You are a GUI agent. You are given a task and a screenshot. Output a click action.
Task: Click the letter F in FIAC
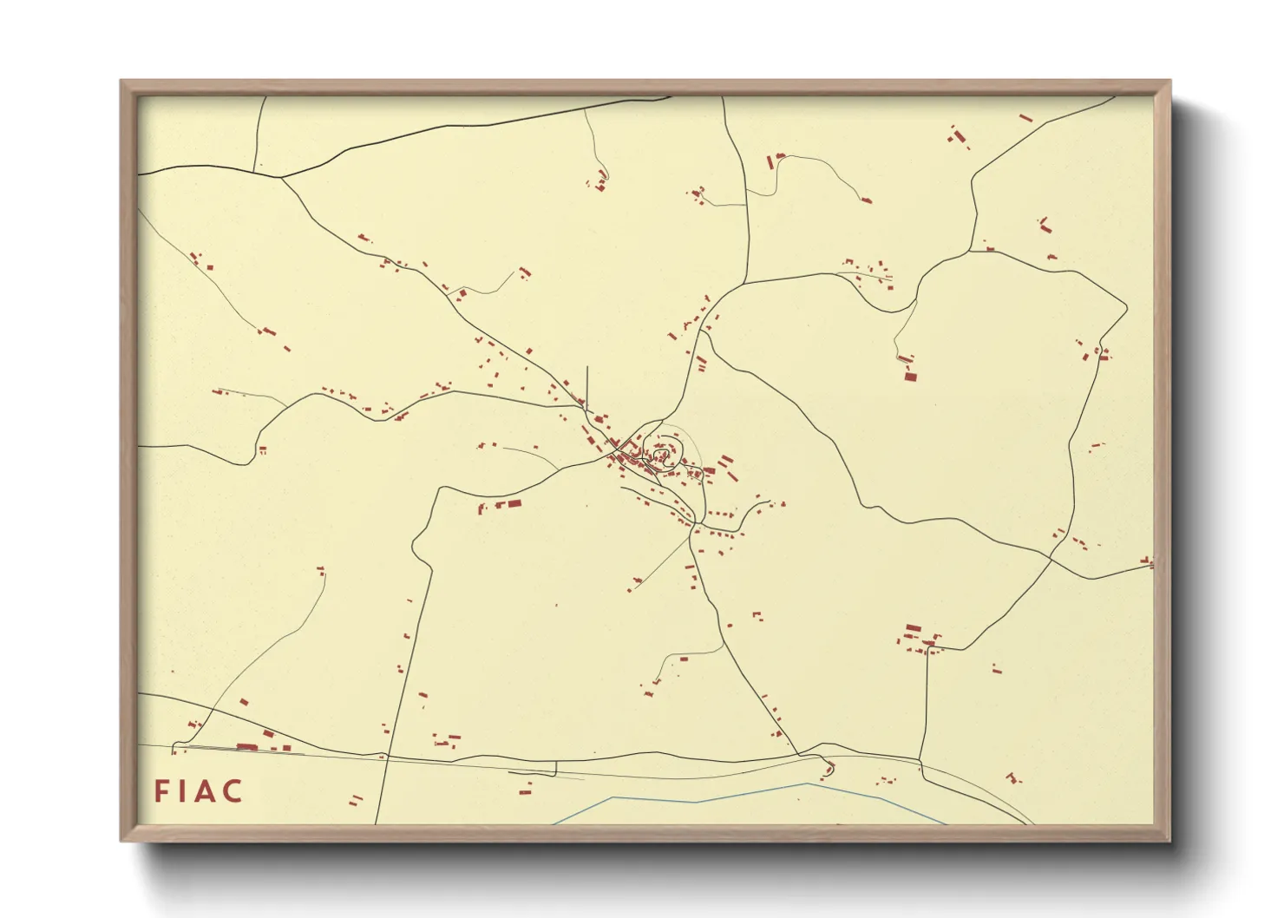(161, 791)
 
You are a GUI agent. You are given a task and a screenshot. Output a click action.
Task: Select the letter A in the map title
(205, 791)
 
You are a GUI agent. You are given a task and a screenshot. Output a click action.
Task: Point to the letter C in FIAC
(232, 791)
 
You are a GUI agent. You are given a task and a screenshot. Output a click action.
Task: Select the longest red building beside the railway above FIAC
(246, 746)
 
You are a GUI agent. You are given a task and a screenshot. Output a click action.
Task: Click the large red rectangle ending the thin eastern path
(910, 376)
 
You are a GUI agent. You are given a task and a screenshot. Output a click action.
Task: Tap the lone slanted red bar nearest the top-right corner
(1025, 117)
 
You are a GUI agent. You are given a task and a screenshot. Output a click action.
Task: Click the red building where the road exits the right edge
(1149, 561)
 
